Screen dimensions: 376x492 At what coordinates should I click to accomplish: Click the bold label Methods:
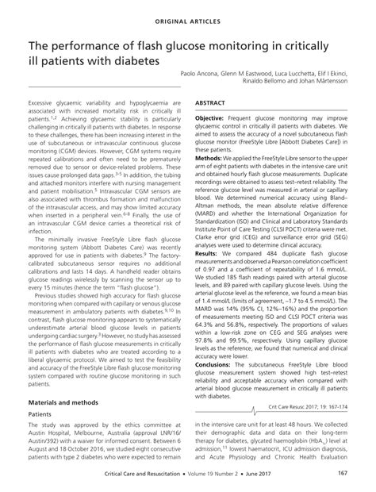(x=208, y=158)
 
